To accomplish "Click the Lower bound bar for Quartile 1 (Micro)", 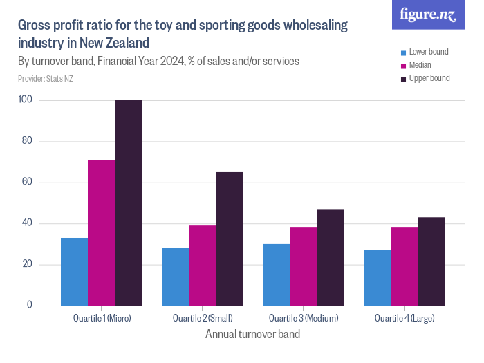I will (75, 272).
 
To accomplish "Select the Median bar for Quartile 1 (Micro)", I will (102, 232).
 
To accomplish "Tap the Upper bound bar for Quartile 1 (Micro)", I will (129, 203).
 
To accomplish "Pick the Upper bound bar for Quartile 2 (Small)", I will (230, 239).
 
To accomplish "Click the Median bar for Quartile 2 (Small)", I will (203, 266).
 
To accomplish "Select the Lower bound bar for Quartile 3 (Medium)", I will (277, 274).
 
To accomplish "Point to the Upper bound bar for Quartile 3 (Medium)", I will (331, 257).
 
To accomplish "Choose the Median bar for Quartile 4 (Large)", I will (404, 266).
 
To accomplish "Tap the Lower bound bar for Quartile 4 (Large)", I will (378, 278).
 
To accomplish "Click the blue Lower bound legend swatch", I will (404, 53).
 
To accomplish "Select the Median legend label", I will (420, 65).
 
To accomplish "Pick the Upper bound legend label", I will (429, 78).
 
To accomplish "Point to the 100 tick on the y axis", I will (26, 100).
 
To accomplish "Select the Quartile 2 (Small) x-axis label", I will (203, 319).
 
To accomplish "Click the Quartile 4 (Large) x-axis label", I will (404, 319).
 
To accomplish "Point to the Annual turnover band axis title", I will (252, 334).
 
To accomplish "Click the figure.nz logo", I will (428, 15).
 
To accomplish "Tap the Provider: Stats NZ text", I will (46, 79).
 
